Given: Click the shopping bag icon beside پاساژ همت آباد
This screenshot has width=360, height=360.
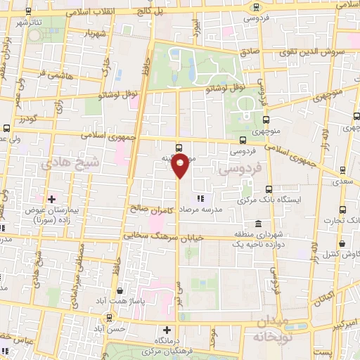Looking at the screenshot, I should click(x=122, y=291).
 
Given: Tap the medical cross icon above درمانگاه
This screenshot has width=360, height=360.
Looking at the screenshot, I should click(x=167, y=329).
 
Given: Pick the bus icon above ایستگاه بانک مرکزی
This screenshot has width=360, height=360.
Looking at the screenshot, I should click(x=269, y=188).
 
